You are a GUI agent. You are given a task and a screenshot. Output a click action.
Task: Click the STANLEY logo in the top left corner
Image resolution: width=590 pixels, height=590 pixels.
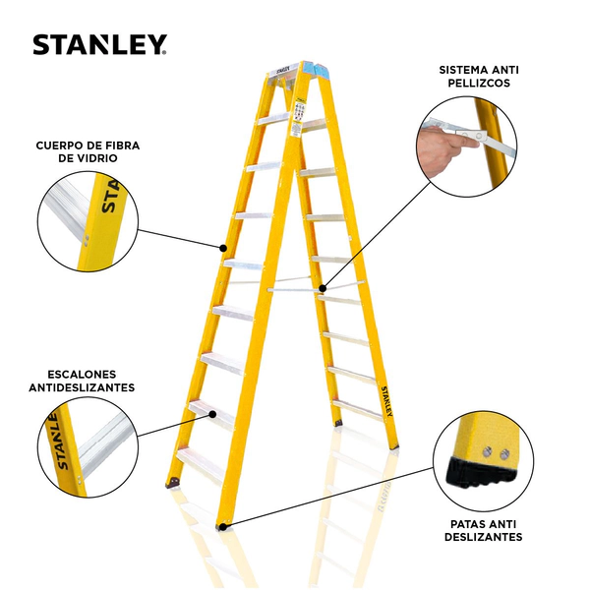[99, 45]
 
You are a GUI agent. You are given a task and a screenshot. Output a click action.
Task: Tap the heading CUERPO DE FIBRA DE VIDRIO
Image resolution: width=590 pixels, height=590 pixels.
[88, 151]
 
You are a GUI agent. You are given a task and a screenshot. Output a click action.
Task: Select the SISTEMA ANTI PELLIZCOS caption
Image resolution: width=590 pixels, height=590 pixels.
[479, 77]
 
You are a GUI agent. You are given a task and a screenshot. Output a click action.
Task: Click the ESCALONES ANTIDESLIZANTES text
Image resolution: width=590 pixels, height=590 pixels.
[82, 381]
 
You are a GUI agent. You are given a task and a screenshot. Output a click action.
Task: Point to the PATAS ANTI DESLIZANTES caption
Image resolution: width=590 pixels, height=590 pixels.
[483, 530]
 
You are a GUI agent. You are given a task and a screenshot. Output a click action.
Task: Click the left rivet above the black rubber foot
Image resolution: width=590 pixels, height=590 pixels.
[487, 451]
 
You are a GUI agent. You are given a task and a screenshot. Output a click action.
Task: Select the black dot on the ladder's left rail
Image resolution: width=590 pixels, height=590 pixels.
[223, 248]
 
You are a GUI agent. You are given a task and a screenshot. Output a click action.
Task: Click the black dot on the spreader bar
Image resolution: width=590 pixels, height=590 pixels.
[323, 288]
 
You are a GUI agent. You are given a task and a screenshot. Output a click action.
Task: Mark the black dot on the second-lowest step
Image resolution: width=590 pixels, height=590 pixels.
[212, 414]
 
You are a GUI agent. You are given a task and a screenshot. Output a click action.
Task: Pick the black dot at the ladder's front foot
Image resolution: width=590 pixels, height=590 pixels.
[223, 527]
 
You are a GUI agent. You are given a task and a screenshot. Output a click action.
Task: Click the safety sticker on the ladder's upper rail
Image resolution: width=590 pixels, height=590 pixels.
[299, 117]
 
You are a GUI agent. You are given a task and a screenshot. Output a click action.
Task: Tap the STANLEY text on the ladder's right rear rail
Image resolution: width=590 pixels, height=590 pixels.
[387, 401]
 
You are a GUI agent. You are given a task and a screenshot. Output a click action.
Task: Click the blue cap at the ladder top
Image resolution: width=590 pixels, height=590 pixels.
[316, 70]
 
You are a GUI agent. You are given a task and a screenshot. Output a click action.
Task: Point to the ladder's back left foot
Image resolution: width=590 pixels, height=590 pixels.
[173, 483]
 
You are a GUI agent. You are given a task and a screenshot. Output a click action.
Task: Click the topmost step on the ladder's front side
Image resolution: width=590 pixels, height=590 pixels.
[274, 119]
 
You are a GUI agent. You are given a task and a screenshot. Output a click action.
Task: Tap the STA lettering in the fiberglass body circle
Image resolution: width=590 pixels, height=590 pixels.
[112, 197]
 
